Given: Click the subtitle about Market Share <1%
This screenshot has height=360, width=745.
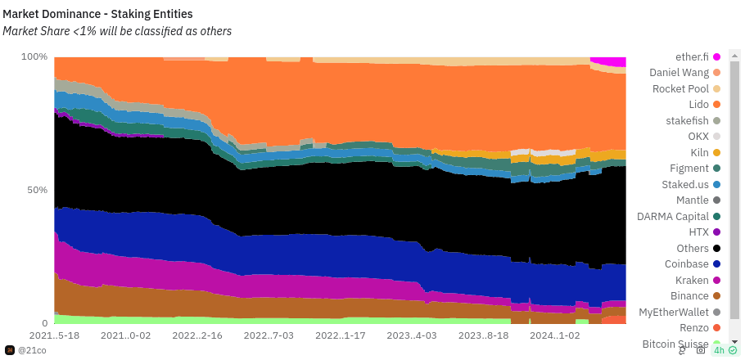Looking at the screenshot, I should pos(117,31).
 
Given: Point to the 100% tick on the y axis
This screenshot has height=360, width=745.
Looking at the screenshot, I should pos(34,56).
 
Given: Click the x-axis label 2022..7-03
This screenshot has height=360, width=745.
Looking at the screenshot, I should pos(270,335).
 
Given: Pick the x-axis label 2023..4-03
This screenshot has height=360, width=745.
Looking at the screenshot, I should pos(412,335).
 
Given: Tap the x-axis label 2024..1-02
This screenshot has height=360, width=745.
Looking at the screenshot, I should pos(554,335).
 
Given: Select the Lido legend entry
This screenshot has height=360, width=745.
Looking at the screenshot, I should pos(698,105).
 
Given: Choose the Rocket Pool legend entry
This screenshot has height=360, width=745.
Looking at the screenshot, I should pos(680,88).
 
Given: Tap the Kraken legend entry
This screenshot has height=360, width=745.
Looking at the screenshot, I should pos(692,281).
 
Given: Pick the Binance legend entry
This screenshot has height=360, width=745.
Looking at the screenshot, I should pos(689,296).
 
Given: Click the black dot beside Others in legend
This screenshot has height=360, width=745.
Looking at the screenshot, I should pos(717,249).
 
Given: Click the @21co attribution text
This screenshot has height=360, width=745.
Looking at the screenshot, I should pos(30,350).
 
